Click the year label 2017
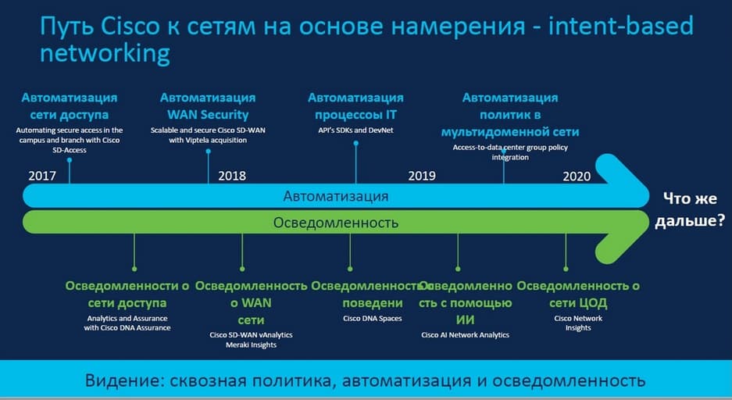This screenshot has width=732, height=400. (x=42, y=176)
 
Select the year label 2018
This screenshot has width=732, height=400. (x=232, y=176)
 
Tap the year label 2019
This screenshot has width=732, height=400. (x=422, y=176)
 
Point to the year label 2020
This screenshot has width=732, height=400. (x=577, y=177)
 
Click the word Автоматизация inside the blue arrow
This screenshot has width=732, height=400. (x=336, y=196)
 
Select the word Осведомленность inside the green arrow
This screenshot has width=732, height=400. (x=336, y=223)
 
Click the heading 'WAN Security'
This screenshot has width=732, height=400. (x=209, y=115)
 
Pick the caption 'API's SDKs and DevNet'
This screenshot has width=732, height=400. (x=355, y=130)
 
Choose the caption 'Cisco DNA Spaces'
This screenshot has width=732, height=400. (x=373, y=319)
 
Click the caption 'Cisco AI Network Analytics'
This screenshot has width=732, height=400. (x=466, y=335)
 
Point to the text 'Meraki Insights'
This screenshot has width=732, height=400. (x=251, y=345)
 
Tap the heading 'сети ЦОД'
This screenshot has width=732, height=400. (x=578, y=303)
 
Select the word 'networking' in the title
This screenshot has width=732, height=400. (x=105, y=54)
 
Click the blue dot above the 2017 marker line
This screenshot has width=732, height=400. (x=70, y=160)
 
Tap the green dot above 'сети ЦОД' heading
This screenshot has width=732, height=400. (x=566, y=269)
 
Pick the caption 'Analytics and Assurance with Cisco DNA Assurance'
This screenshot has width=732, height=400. (x=127, y=323)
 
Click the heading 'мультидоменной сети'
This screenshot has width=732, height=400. (x=510, y=132)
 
